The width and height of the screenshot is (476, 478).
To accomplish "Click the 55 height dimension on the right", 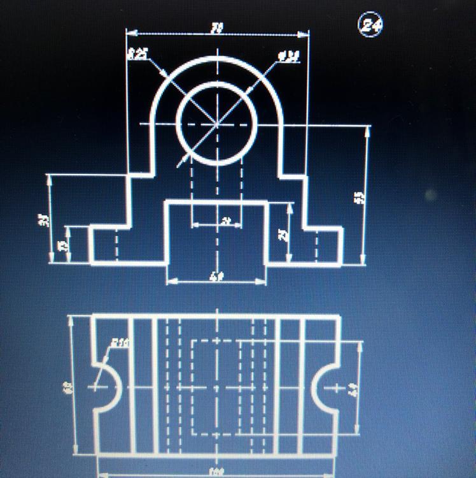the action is [358, 197].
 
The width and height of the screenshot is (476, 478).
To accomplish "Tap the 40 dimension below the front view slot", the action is [216, 277].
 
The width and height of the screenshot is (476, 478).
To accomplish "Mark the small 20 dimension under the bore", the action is [225, 221].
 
